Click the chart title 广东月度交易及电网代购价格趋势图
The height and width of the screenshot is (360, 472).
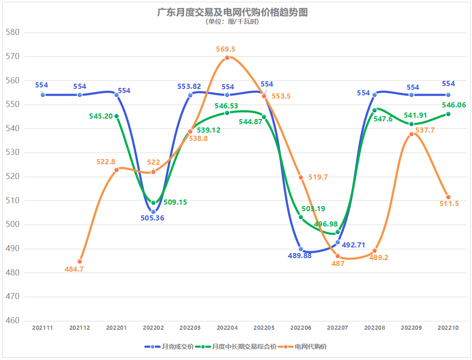233,12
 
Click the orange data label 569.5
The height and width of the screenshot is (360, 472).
226,49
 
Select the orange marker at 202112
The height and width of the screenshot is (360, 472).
80,261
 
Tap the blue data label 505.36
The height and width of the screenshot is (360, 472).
153,218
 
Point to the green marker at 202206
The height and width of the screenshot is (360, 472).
301,217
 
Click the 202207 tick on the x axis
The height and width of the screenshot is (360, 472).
338,328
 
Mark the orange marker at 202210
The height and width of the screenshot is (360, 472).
448,197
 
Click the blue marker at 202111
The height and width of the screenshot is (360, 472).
43,95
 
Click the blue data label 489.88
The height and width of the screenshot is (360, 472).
299,256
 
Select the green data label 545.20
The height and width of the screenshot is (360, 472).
101,116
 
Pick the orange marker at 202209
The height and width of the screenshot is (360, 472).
412,134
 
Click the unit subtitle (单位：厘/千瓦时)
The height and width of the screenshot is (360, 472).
233,22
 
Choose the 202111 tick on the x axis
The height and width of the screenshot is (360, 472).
43,328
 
